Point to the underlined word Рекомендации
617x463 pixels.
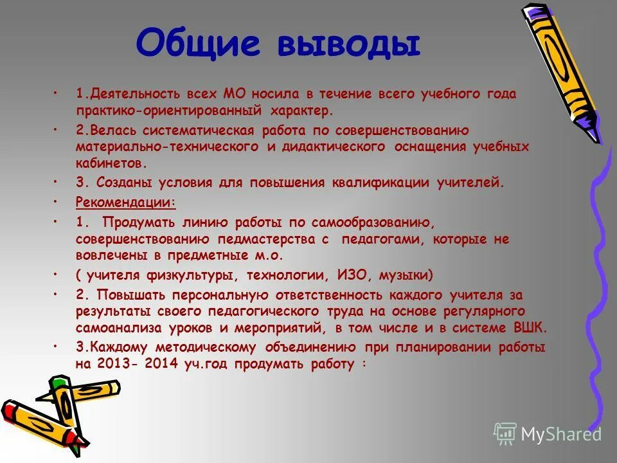click(125, 202)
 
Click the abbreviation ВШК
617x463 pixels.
click(530, 328)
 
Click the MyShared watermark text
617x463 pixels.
click(561, 434)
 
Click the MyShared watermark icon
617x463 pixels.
click(505, 433)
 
